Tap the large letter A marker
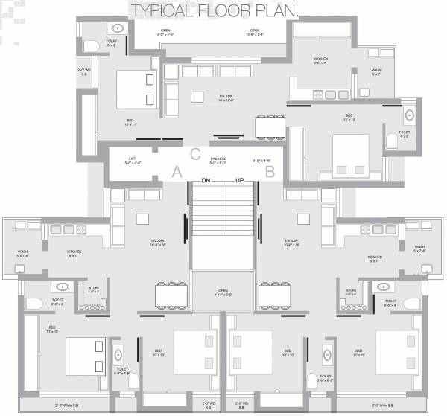coord(177,171)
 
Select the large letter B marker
coord(270,171)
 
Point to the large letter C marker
coord(195,154)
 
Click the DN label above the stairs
coord(206,181)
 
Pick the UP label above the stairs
coord(240,181)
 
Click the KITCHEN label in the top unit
coord(320,59)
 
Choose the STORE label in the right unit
coord(351,290)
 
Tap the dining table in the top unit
coord(269,127)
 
